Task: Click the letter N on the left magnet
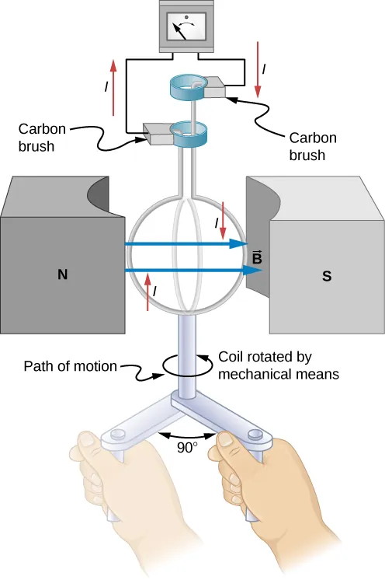pyautogui.click(x=62, y=274)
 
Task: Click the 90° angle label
pyautogui.click(x=186, y=448)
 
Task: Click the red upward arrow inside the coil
pyautogui.click(x=147, y=291)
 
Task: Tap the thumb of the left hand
pyautogui.click(x=92, y=449)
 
